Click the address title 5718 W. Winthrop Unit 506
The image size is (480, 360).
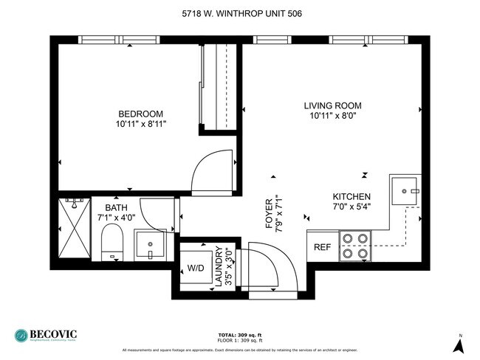coord(241,13)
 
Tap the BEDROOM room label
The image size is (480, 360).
coord(140,114)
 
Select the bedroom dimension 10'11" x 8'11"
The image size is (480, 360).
coord(140,125)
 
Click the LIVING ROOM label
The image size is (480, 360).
coord(332,105)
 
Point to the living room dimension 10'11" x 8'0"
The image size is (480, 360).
coord(332,117)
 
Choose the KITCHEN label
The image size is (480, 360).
coord(351,196)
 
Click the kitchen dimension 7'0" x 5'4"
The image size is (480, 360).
coord(351,207)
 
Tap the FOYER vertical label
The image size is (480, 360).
coord(269,221)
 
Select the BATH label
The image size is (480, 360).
coord(117,208)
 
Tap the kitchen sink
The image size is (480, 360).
coord(405,190)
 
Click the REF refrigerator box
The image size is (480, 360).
coord(323,247)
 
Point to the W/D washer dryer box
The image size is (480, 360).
coord(196,267)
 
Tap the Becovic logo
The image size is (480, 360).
coord(46,336)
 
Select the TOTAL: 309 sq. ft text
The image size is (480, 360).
coord(240,334)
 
